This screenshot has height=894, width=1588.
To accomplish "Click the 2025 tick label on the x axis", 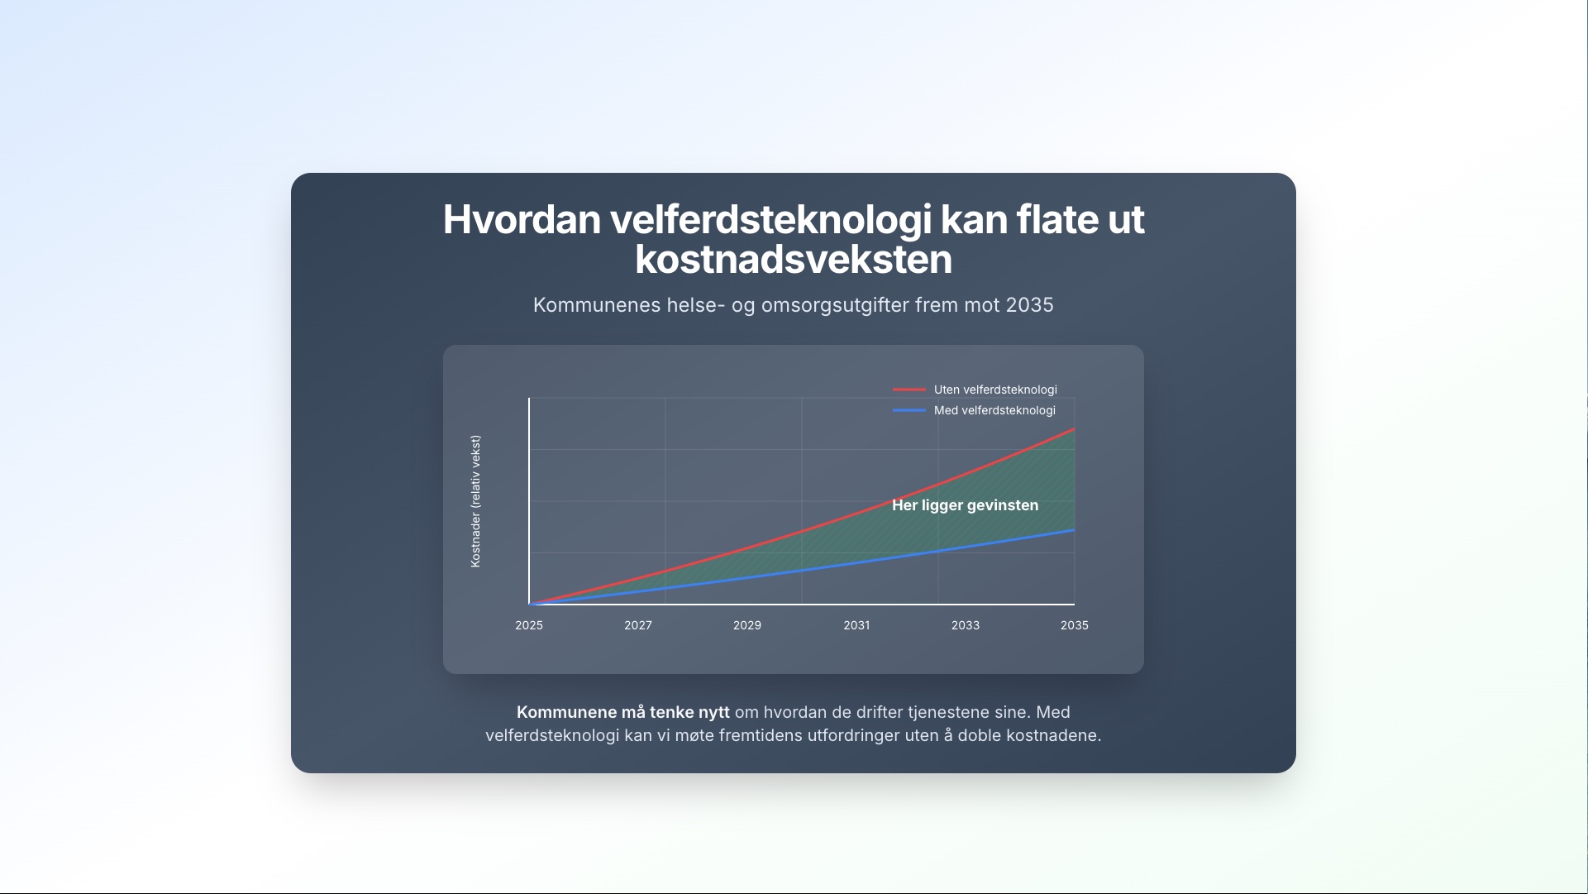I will coord(529,625).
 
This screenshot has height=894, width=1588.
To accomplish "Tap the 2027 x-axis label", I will coord(638,625).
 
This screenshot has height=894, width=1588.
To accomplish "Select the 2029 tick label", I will coord(747,625).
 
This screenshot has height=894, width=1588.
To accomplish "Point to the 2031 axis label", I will coord(856,625).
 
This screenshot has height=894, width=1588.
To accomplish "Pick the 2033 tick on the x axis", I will coord(966,625).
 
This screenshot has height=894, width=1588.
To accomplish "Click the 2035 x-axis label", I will coord(1075,625).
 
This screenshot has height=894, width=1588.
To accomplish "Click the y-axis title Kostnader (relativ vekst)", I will coord(475,501).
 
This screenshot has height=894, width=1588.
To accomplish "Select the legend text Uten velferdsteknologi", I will coord(995,390).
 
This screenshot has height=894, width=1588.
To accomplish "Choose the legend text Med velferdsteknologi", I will coord(994,410).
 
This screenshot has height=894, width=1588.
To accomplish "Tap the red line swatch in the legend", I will coord(909,390).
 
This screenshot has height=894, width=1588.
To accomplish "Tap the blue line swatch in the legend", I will coord(909,410).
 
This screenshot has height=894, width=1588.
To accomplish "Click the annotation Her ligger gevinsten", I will coord(965,505).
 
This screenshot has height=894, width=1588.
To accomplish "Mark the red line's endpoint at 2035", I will coord(1074,429).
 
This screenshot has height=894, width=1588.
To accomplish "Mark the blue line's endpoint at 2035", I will coord(1074,530).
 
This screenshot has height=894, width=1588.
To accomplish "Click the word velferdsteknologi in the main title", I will coord(770,220).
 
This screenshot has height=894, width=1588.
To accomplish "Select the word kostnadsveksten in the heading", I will coord(794,260).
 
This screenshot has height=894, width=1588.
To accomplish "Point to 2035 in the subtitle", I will coord(1029,305).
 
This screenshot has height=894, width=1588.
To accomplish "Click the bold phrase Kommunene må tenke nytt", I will coord(622,712).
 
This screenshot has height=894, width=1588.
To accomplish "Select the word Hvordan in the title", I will coord(522,220).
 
